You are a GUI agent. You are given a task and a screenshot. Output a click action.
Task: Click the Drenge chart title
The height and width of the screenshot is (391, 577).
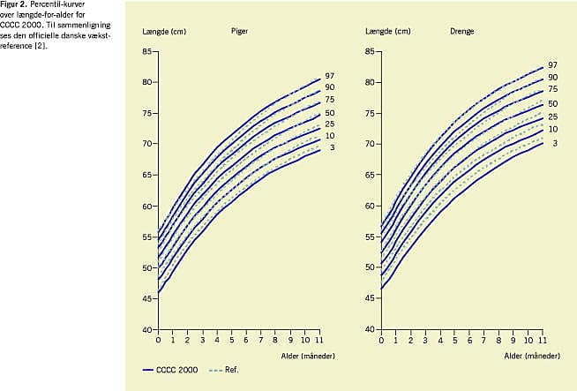click(462, 31)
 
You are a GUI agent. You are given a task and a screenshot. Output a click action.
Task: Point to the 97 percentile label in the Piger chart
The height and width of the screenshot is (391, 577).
click(328, 76)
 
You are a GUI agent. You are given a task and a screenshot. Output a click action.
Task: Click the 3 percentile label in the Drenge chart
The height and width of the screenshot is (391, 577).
click(554, 142)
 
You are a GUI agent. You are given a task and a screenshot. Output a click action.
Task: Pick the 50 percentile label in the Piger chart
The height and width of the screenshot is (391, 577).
click(328, 113)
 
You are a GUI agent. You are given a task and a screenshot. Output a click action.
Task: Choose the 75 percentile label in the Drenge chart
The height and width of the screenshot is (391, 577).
click(552, 89)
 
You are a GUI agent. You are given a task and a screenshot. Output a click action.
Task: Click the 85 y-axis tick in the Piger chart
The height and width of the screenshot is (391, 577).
click(147, 51)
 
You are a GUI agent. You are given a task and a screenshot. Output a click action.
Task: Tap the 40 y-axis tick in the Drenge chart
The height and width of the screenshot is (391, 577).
click(371, 329)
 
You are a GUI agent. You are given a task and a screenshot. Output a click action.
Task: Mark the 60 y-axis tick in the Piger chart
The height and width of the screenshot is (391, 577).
click(147, 206)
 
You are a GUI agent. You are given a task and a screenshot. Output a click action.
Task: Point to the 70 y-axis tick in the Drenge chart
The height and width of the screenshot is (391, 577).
click(371, 144)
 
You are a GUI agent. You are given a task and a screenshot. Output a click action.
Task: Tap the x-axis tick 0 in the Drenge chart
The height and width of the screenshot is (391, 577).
click(382, 340)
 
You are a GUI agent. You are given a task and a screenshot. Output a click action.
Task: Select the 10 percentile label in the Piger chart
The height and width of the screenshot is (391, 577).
click(328, 135)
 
